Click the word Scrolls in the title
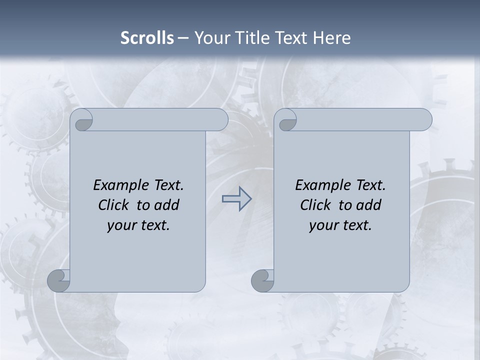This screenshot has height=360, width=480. (147, 38)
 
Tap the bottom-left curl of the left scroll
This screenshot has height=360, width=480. (59, 280)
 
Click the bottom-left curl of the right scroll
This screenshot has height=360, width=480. (262, 280)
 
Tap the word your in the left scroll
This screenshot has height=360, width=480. (121, 225)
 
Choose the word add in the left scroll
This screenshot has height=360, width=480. (167, 205)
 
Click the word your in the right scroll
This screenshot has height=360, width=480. (323, 225)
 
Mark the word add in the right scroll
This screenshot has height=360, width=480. (369, 205)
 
